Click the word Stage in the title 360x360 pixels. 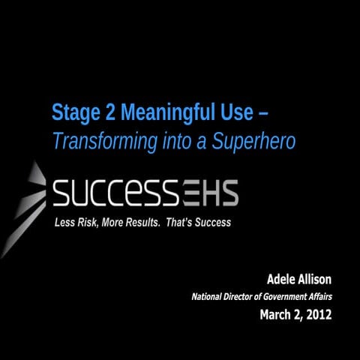coord(71,113)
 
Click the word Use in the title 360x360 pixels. coord(227,113)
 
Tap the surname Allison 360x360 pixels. coord(316,280)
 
